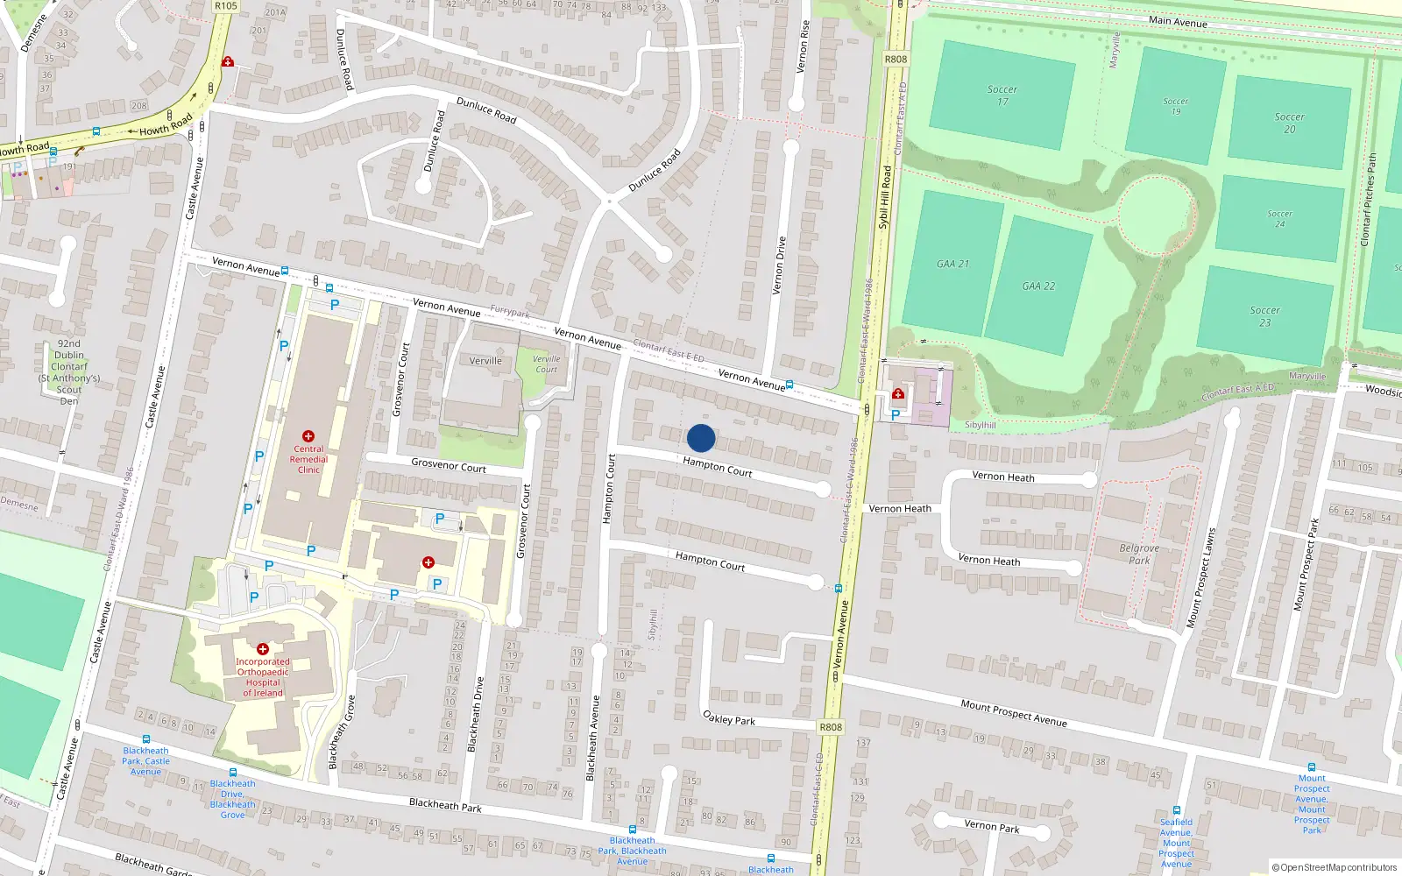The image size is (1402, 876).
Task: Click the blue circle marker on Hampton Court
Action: coord(701,438)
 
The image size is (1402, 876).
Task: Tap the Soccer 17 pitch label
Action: coord(1002,95)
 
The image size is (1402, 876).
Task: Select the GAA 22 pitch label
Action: coord(1038,286)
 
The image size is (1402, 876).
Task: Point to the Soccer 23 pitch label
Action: coord(1264,316)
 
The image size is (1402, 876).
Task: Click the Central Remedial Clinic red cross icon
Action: coord(308,436)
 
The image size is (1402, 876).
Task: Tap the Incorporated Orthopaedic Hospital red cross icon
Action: coord(263,649)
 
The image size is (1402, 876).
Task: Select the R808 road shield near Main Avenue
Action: coord(896,60)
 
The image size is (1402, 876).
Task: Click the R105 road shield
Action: coord(226,6)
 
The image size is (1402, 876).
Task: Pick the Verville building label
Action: coord(485,361)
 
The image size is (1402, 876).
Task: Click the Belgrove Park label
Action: coord(1139,555)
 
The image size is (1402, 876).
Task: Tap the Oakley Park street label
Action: coord(729,719)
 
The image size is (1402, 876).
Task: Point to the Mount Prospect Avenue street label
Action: coord(1014,713)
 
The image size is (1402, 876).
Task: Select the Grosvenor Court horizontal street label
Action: coord(449,466)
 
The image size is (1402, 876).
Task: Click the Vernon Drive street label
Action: coord(779,265)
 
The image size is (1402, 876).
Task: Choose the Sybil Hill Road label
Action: coord(885,197)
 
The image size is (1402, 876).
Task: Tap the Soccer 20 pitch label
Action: coord(1289,123)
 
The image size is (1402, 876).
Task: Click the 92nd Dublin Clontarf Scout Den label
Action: coord(69,372)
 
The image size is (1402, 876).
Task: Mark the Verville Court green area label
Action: coord(546,364)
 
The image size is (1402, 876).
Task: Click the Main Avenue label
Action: coord(1178,21)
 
